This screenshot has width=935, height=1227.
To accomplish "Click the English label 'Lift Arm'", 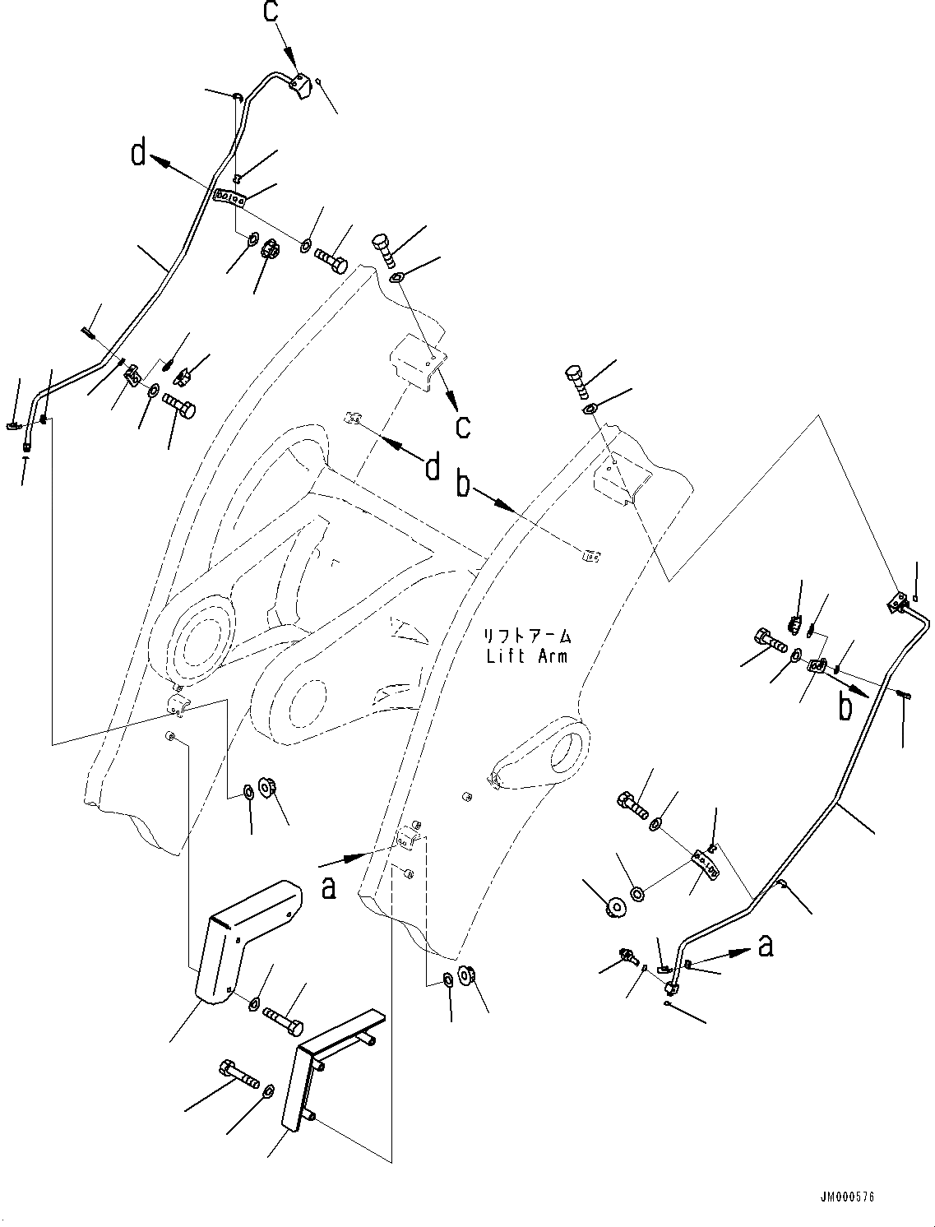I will [x=526, y=656].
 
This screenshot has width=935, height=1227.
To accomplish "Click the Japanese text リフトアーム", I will [x=526, y=637].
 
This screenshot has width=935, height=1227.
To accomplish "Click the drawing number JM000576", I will [x=846, y=1197].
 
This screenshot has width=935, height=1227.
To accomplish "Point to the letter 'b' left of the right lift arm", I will [x=465, y=485].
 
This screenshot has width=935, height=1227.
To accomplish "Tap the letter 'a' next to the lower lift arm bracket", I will [x=329, y=888].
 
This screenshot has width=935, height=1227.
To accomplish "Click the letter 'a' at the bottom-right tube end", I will [x=766, y=946].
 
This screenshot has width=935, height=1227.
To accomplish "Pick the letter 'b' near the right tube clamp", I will [x=845, y=707].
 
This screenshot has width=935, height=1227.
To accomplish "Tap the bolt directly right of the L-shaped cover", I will [x=284, y=1021].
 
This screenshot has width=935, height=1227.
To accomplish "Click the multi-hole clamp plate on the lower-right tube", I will [x=705, y=861].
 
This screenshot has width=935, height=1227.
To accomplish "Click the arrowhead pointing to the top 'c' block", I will [x=293, y=59].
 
